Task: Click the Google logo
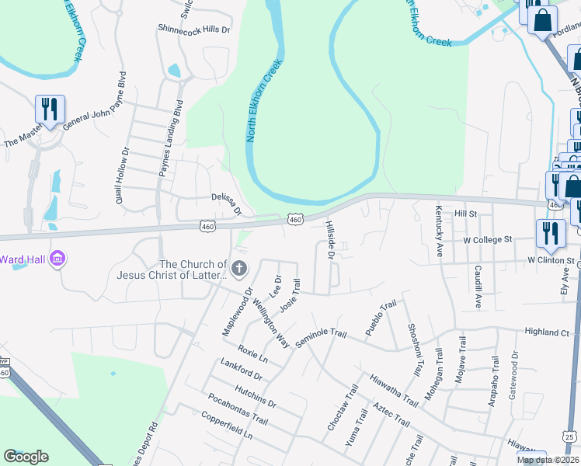26,457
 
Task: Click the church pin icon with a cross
239,270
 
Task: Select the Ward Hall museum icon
57,259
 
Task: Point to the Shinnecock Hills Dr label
195,30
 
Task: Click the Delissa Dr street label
227,204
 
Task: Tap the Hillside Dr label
329,240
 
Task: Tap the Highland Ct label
547,332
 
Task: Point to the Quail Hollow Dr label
120,176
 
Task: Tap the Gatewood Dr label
513,378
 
